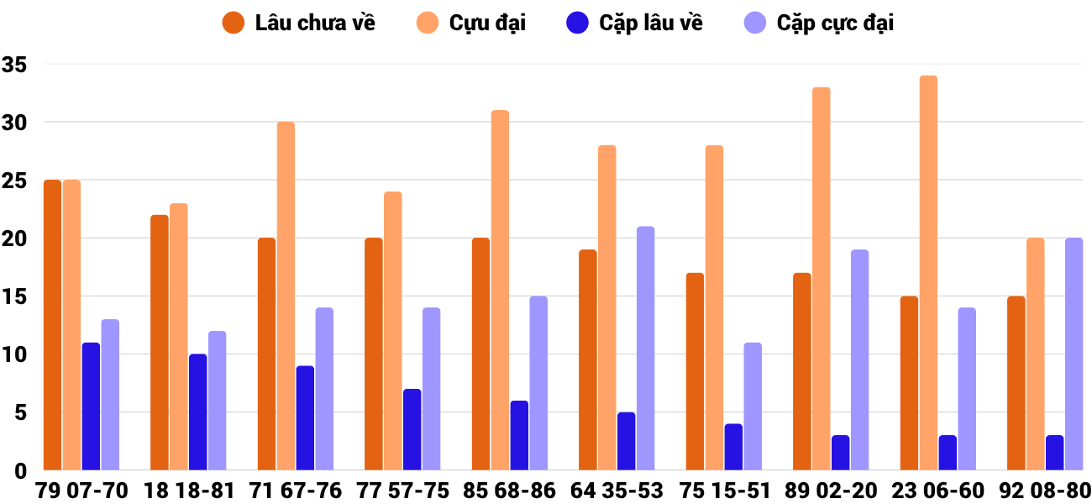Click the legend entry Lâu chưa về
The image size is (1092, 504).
pos(301,23)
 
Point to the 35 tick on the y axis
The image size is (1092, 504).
pos(14,65)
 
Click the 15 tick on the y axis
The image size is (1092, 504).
pos(14,297)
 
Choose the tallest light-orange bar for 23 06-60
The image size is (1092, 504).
pos(928,273)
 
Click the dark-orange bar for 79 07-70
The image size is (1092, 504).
pos(53,325)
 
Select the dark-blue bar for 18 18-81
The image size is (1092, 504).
pos(198,412)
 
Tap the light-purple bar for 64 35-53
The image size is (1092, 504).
pos(645,348)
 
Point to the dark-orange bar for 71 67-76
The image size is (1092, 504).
pos(266,354)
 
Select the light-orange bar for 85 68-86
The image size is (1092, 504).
pos(500,290)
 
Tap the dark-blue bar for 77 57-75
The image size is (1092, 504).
pos(412,429)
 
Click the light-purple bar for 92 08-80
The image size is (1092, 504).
pos(1074,354)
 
